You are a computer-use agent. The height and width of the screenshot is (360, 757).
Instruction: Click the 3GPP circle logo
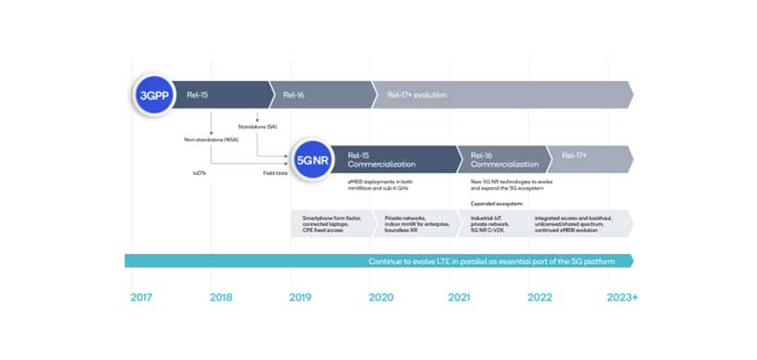point(153,95)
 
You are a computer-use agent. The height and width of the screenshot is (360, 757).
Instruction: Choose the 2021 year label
point(460,297)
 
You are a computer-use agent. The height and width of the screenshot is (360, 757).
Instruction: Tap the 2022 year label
point(540,297)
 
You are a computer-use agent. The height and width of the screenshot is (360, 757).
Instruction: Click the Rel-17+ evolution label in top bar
point(418,95)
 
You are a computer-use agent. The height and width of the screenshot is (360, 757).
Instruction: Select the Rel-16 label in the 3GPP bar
point(293,95)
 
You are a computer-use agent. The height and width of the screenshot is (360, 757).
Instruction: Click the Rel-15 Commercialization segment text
point(377,159)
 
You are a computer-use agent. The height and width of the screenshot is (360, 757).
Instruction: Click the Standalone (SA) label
point(257,127)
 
